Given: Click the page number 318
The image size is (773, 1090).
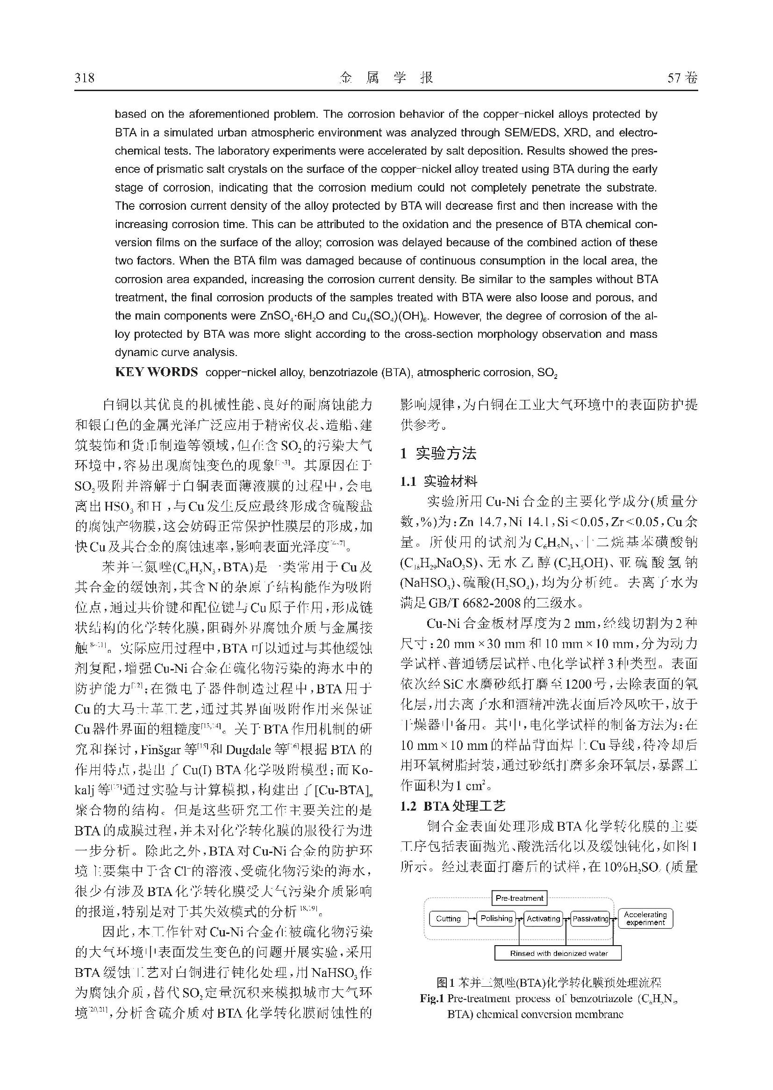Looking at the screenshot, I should [x=85, y=78].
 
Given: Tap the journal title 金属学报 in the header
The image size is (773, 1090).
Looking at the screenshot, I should [x=386, y=78].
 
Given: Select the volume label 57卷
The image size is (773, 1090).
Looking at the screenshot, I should [x=682, y=78].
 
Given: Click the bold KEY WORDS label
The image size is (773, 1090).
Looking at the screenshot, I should [x=156, y=372].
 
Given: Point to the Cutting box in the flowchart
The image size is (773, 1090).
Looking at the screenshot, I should [x=448, y=919].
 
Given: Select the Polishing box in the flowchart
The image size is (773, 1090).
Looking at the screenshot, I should [x=496, y=919].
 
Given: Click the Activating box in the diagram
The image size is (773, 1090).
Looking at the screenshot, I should [x=544, y=919].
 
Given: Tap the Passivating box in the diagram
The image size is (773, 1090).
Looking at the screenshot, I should [x=591, y=919].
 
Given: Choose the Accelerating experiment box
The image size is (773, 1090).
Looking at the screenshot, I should [x=645, y=919].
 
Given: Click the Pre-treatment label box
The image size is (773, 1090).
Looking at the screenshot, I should [x=519, y=898].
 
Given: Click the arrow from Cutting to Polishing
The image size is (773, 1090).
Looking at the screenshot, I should [x=472, y=919].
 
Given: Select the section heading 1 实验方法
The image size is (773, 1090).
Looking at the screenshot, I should [x=438, y=453].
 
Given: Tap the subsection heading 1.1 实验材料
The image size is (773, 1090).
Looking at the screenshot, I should [x=438, y=482].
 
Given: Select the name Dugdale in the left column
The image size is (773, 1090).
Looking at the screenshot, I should [x=256, y=750].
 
